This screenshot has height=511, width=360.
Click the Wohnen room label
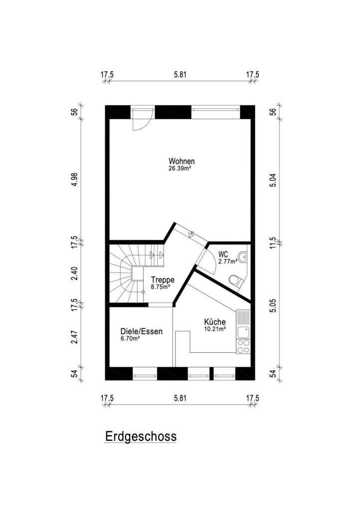tap(181, 161)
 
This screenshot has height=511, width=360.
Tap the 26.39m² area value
tap(180, 168)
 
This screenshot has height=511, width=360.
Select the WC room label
tap(223, 254)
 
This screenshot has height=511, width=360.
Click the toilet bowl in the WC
tap(235, 280)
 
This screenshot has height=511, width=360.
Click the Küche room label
tap(215, 322)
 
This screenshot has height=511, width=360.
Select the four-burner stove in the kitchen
tap(243, 347)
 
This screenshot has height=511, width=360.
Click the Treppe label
tap(163, 280)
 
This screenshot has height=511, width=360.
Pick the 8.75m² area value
tap(161, 287)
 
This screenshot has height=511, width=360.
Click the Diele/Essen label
tap(141, 331)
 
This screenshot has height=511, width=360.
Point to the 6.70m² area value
tap(130, 339)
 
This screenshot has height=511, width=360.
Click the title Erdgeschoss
tap(141, 436)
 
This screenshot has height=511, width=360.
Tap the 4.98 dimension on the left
tap(75, 179)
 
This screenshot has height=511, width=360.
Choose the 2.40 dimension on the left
tap(75, 273)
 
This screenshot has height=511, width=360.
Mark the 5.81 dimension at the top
tap(180, 74)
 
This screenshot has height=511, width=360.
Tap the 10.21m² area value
tap(215, 329)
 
